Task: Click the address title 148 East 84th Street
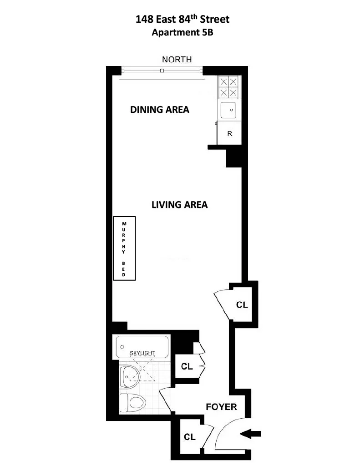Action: (183, 20)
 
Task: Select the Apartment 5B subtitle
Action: (183, 32)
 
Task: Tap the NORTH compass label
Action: (177, 60)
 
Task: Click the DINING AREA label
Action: (159, 110)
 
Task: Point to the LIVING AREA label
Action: (179, 205)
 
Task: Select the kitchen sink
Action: (228, 111)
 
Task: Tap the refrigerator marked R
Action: (229, 134)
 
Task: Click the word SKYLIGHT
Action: (143, 353)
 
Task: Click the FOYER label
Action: (222, 407)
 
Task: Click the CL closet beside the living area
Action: (242, 305)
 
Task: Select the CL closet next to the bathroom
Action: (187, 366)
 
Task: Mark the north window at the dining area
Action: (162, 71)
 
